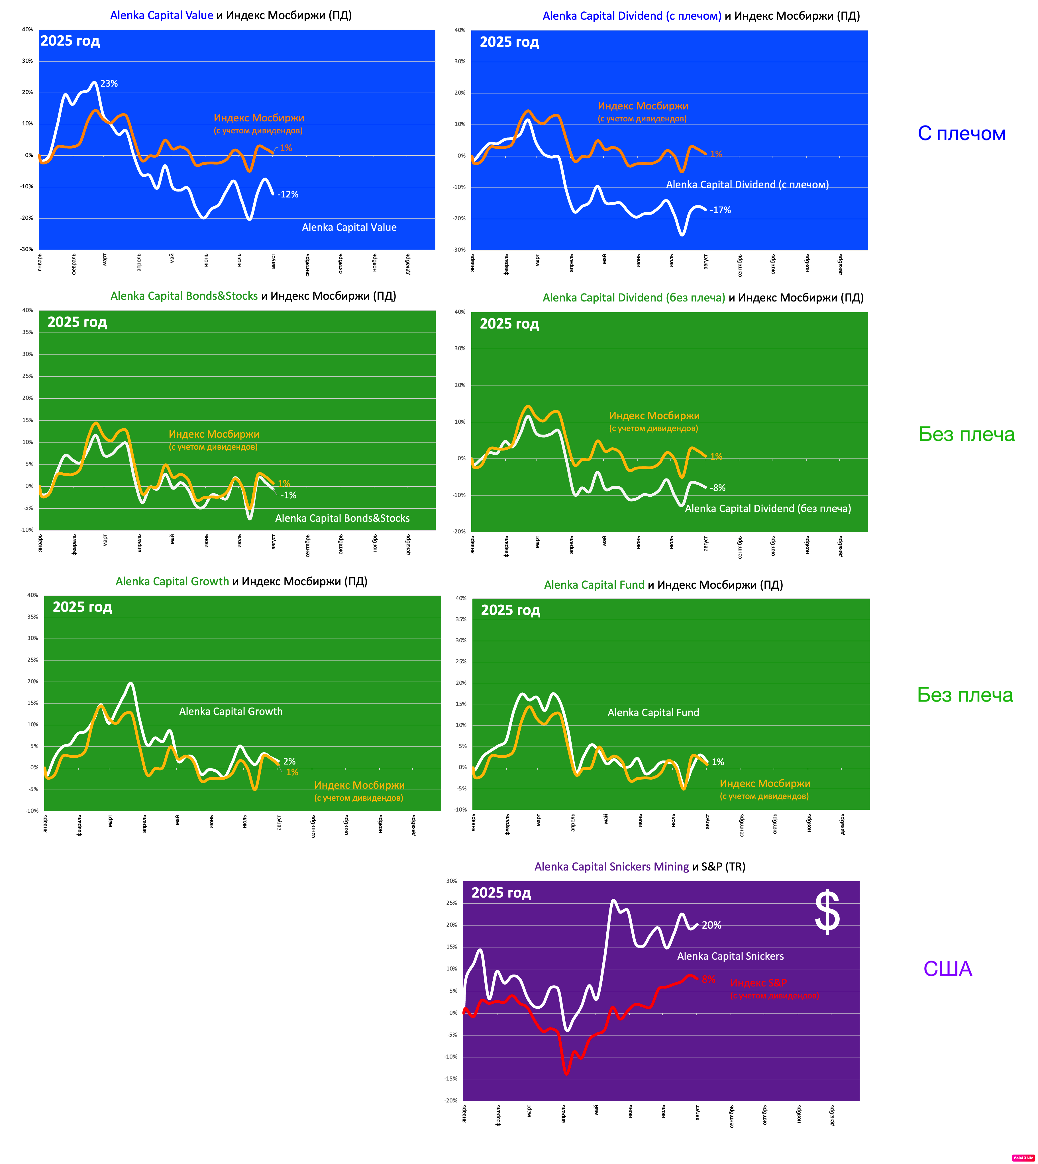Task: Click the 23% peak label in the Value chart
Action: pyautogui.click(x=109, y=84)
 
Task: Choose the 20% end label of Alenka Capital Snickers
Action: pyautogui.click(x=711, y=925)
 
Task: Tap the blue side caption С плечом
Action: pyautogui.click(x=962, y=133)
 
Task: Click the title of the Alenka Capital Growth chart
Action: pyautogui.click(x=241, y=582)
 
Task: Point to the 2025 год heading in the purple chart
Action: pyautogui.click(x=501, y=893)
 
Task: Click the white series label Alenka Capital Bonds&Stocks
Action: pyautogui.click(x=342, y=518)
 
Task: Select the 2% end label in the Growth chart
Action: pyautogui.click(x=289, y=761)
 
